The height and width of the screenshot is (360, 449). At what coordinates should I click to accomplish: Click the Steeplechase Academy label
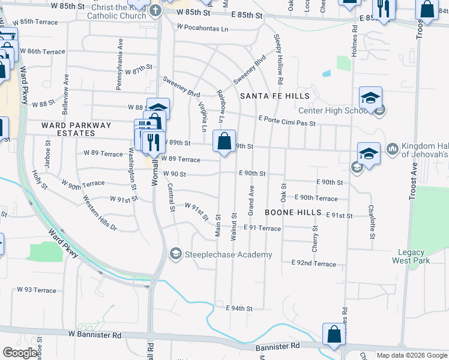point(229,255)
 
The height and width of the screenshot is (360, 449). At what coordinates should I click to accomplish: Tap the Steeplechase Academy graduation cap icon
point(175,254)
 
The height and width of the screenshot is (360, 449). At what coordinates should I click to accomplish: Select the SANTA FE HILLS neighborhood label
point(275,96)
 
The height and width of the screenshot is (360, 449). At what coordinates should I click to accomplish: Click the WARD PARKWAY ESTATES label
point(76,130)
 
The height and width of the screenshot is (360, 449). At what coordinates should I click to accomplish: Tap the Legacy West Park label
point(411,257)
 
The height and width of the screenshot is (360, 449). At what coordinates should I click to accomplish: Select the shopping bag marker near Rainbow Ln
point(224,142)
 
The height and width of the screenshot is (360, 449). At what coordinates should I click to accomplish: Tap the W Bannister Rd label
point(95,334)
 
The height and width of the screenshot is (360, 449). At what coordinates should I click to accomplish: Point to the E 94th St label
point(239,308)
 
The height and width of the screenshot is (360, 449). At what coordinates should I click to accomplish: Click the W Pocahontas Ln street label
point(203,28)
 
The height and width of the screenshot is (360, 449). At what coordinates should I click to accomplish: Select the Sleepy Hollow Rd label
point(279,59)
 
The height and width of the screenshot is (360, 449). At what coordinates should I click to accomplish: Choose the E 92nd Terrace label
point(314,263)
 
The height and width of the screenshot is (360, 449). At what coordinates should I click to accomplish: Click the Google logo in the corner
point(20,353)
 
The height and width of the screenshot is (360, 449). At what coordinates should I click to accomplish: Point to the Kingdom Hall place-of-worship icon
point(393,148)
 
